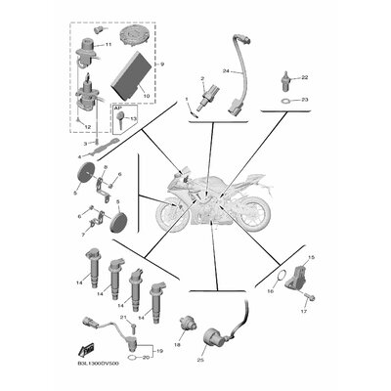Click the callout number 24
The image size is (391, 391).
pos(225,71)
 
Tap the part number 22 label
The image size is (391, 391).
pos(304,76)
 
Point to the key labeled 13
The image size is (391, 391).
pos(121,122)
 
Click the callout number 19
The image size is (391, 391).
pos(160,348)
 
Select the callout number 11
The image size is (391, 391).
pos(109,45)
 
